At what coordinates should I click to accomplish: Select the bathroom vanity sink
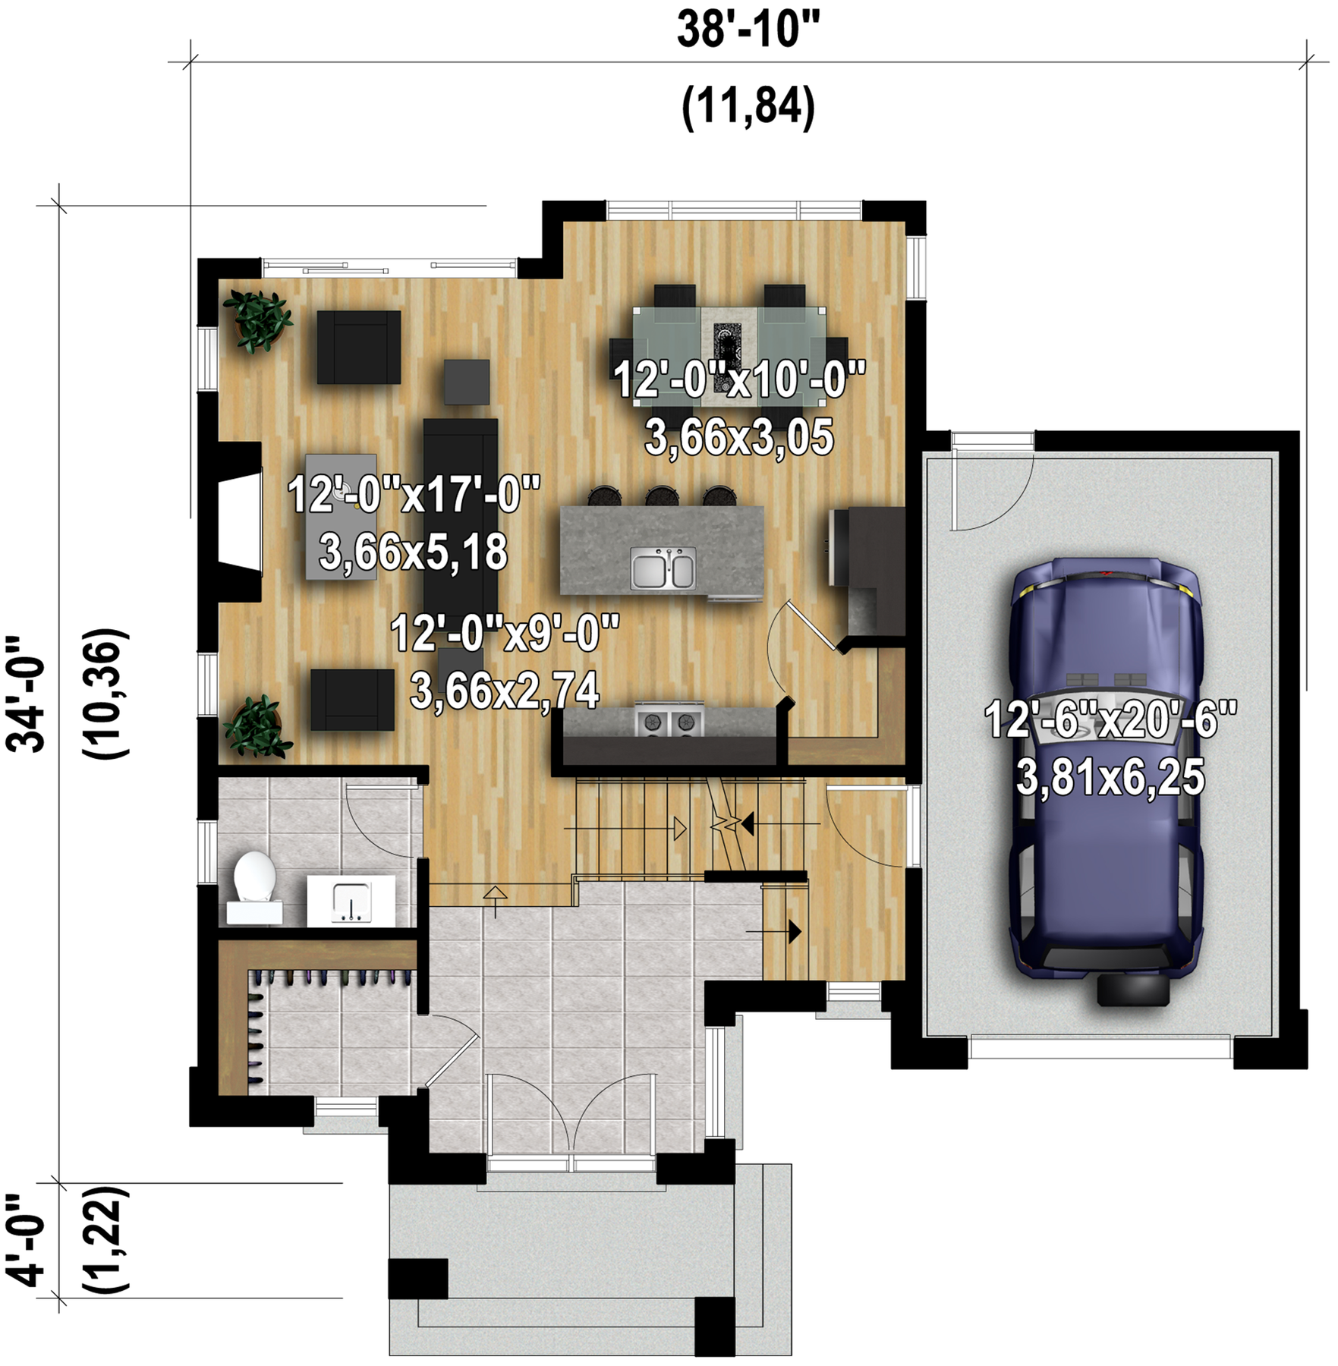351,901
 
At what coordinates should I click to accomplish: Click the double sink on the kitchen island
663,568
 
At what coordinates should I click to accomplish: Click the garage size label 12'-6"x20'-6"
1110,719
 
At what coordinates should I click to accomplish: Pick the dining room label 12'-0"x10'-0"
739,379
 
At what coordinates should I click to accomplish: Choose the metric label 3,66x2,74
505,690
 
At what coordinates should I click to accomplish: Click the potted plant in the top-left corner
259,320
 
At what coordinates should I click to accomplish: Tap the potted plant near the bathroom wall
257,726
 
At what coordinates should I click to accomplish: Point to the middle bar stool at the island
662,496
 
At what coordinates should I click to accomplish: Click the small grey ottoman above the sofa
467,382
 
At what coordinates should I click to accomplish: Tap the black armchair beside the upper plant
358,347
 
